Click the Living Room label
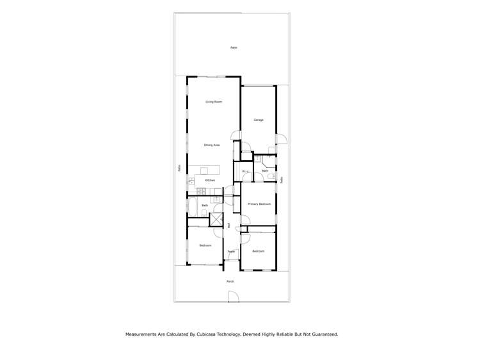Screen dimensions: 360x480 [213, 102]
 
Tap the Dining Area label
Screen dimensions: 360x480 [212, 145]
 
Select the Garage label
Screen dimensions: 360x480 [259, 120]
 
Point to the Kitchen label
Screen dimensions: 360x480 [210, 181]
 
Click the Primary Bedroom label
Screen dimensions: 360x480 [259, 204]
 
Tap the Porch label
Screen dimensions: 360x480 [230, 281]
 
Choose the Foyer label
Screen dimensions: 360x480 [231, 252]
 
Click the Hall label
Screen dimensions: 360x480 [229, 225]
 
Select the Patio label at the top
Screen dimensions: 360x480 [234, 48]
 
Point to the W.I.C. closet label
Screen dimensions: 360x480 [245, 172]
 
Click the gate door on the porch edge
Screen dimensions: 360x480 [234, 297]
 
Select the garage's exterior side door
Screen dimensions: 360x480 [280, 139]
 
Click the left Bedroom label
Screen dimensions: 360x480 [205, 245]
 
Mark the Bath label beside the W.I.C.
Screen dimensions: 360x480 [265, 171]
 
